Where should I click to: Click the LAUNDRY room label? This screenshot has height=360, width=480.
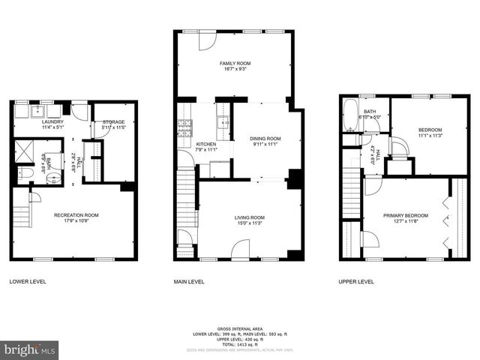tap(52, 121)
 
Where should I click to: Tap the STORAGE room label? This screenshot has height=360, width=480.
tap(114, 121)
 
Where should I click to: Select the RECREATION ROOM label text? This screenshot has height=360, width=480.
tap(76, 215)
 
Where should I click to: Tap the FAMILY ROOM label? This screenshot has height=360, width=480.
tap(234, 64)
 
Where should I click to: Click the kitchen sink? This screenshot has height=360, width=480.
tap(223, 123)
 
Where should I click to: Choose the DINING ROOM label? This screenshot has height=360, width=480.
tap(265, 138)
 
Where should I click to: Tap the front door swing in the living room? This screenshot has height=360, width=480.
tap(241, 250)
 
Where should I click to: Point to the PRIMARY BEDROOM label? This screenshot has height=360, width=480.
tap(404, 215)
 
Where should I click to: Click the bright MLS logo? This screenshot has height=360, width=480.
tap(30, 349)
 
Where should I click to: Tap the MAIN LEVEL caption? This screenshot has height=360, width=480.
tap(189, 282)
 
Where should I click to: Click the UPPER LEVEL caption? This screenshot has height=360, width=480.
tap(357, 282)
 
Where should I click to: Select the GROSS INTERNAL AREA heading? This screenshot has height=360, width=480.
tap(240, 328)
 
